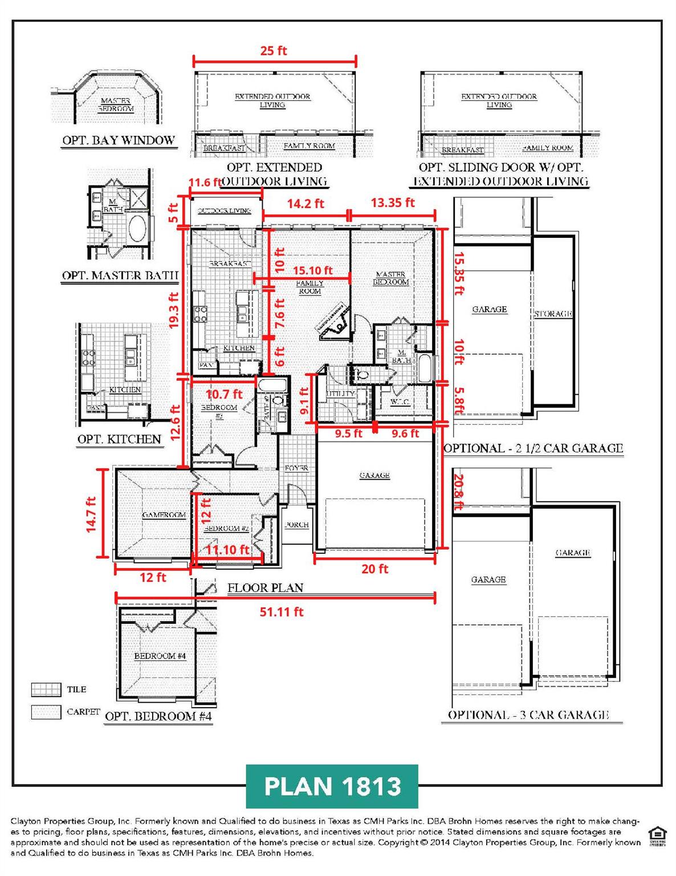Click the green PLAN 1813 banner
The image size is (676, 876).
[x=332, y=786]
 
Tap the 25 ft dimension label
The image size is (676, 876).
[x=274, y=51]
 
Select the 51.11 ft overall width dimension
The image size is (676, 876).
[x=281, y=612]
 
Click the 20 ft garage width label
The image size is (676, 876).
[x=374, y=569]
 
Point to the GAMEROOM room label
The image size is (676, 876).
[x=164, y=515]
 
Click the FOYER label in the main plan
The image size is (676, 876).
[x=296, y=468]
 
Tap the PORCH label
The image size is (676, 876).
[x=296, y=525]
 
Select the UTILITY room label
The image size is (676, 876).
[x=340, y=394]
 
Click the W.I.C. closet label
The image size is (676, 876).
[x=400, y=402]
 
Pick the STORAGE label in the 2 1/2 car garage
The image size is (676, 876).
[x=553, y=314]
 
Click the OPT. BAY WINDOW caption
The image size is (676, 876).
[x=119, y=140]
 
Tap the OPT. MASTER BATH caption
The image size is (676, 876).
[x=120, y=276]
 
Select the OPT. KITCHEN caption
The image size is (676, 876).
[x=119, y=439]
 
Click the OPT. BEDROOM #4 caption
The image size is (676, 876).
[x=158, y=716]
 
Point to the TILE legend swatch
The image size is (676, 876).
[x=46, y=690]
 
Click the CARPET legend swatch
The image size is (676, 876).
[x=46, y=712]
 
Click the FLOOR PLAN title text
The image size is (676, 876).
[x=265, y=588]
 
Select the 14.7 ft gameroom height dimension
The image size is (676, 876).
[x=91, y=514]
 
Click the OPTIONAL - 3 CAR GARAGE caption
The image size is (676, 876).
[x=528, y=715]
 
